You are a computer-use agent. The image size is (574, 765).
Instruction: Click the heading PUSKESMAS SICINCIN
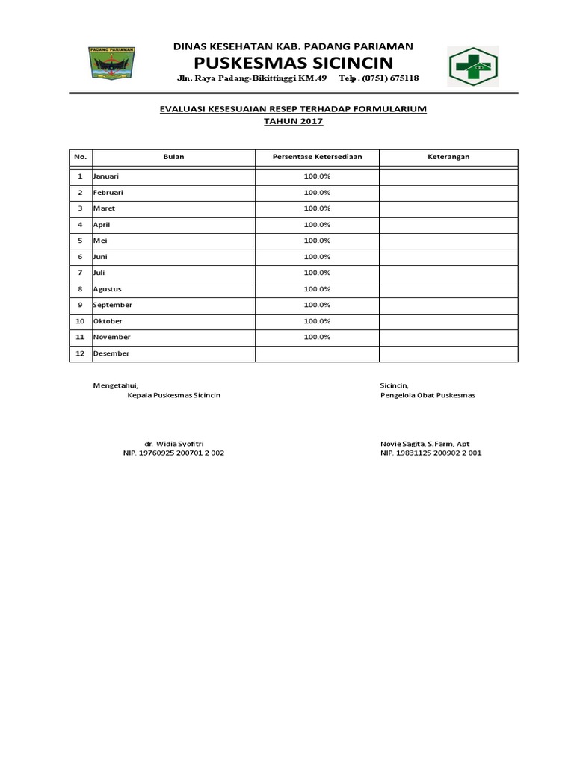pos(293,61)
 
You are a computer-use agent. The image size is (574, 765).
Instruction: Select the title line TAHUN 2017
pos(293,121)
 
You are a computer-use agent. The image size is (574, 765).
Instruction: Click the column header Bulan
pos(173,157)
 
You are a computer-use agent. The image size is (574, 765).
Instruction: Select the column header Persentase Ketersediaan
pos(317,157)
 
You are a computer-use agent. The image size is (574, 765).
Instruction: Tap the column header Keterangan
pos(448,157)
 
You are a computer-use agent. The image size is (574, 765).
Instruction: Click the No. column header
pos(80,157)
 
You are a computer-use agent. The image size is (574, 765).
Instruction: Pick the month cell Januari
pos(106,176)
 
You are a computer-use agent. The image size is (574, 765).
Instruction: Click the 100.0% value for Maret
pos(317,208)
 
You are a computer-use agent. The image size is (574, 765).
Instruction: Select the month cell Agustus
pos(107,289)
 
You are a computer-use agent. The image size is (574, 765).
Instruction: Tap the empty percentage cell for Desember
pos(317,353)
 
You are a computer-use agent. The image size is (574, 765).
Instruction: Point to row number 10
pos(80,321)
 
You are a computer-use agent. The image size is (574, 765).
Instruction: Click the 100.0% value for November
pos(317,337)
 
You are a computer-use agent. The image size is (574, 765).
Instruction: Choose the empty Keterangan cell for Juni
pos(448,257)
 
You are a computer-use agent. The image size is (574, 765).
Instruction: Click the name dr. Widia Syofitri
pos(173,443)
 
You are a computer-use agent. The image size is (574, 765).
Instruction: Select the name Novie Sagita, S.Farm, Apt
pos(425,443)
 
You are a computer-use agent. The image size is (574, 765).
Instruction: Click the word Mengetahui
pos(115,385)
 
